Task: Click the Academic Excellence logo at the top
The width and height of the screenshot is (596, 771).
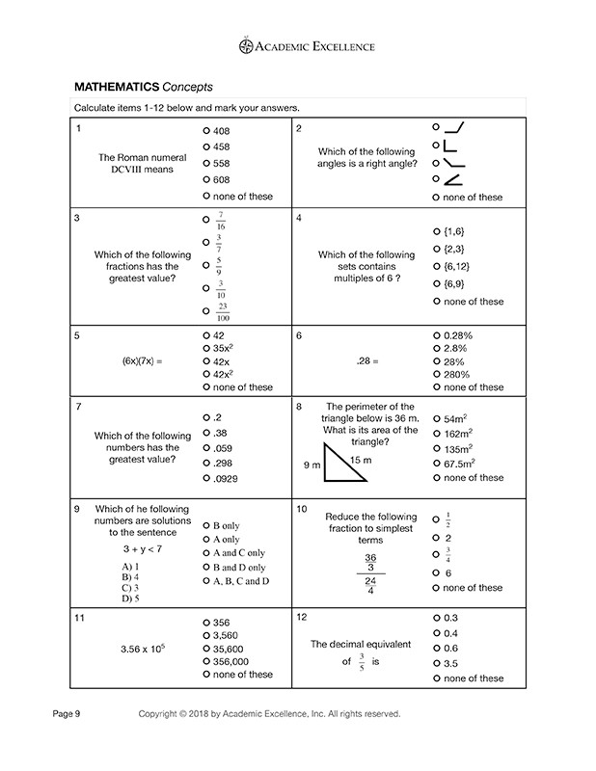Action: [x=297, y=45]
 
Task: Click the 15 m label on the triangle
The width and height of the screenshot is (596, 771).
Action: [x=359, y=459]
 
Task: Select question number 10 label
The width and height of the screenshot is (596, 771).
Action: [x=302, y=508]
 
